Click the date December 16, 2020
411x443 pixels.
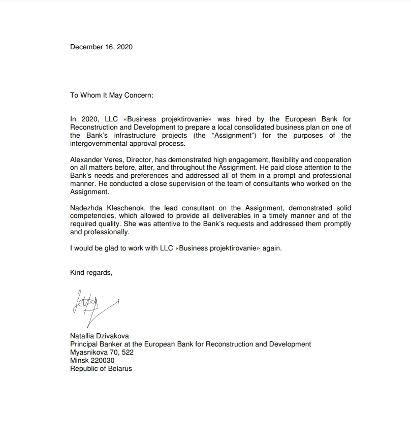(x=101, y=47)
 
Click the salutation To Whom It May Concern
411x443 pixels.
(x=111, y=95)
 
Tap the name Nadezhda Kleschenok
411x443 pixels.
(x=104, y=208)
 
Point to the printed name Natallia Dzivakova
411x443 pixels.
(x=99, y=336)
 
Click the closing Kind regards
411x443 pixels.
(x=91, y=273)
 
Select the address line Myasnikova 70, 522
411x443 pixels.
(x=102, y=352)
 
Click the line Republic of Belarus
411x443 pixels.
(x=101, y=368)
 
